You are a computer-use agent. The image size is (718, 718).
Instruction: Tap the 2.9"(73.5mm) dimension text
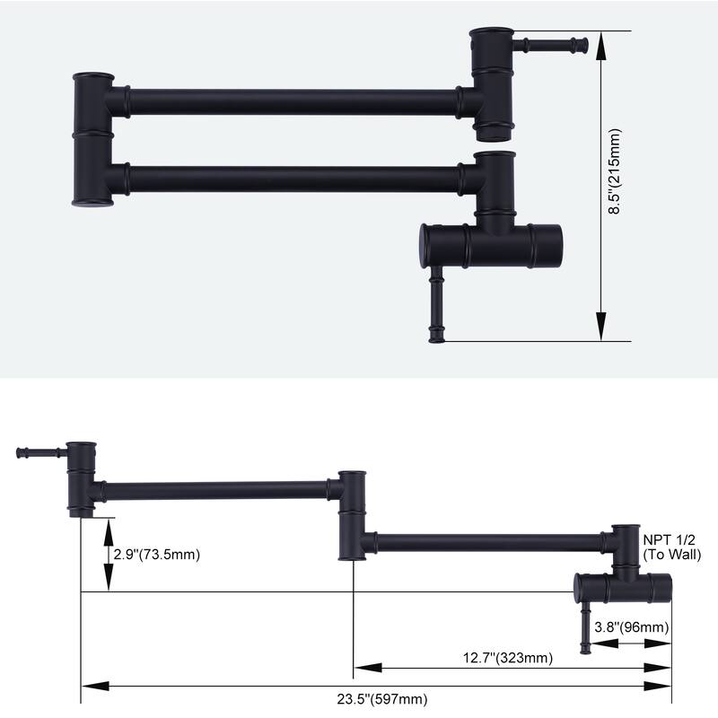[x=156, y=554]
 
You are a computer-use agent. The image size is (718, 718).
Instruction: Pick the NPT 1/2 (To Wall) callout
[x=668, y=547]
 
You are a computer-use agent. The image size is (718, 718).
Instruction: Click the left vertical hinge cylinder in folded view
[x=93, y=140]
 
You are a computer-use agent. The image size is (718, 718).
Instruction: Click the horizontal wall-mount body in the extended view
[x=623, y=588]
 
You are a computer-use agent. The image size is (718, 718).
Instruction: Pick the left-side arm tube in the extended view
[x=215, y=490]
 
